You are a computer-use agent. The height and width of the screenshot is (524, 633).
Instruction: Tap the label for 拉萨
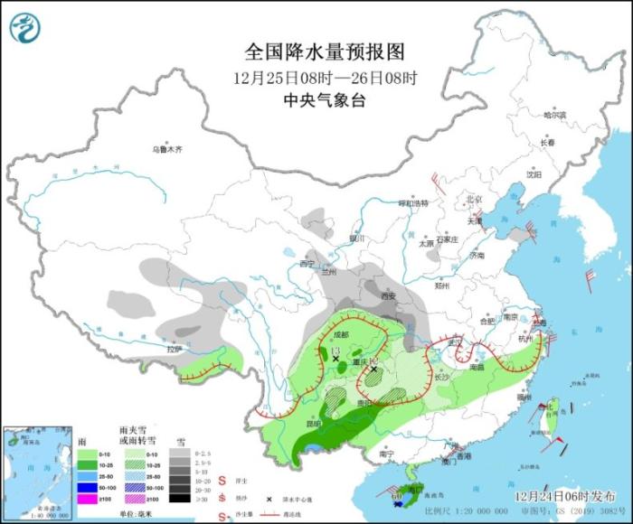pyautogui.click(x=175, y=348)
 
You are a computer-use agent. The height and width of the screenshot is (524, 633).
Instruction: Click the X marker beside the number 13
pyautogui.click(x=336, y=359)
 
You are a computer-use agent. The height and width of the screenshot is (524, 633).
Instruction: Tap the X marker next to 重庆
pyautogui.click(x=373, y=369)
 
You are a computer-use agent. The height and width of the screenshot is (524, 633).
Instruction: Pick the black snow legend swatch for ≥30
pyautogui.click(x=181, y=497)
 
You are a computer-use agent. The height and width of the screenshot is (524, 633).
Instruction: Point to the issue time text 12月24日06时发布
pyautogui.click(x=566, y=496)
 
